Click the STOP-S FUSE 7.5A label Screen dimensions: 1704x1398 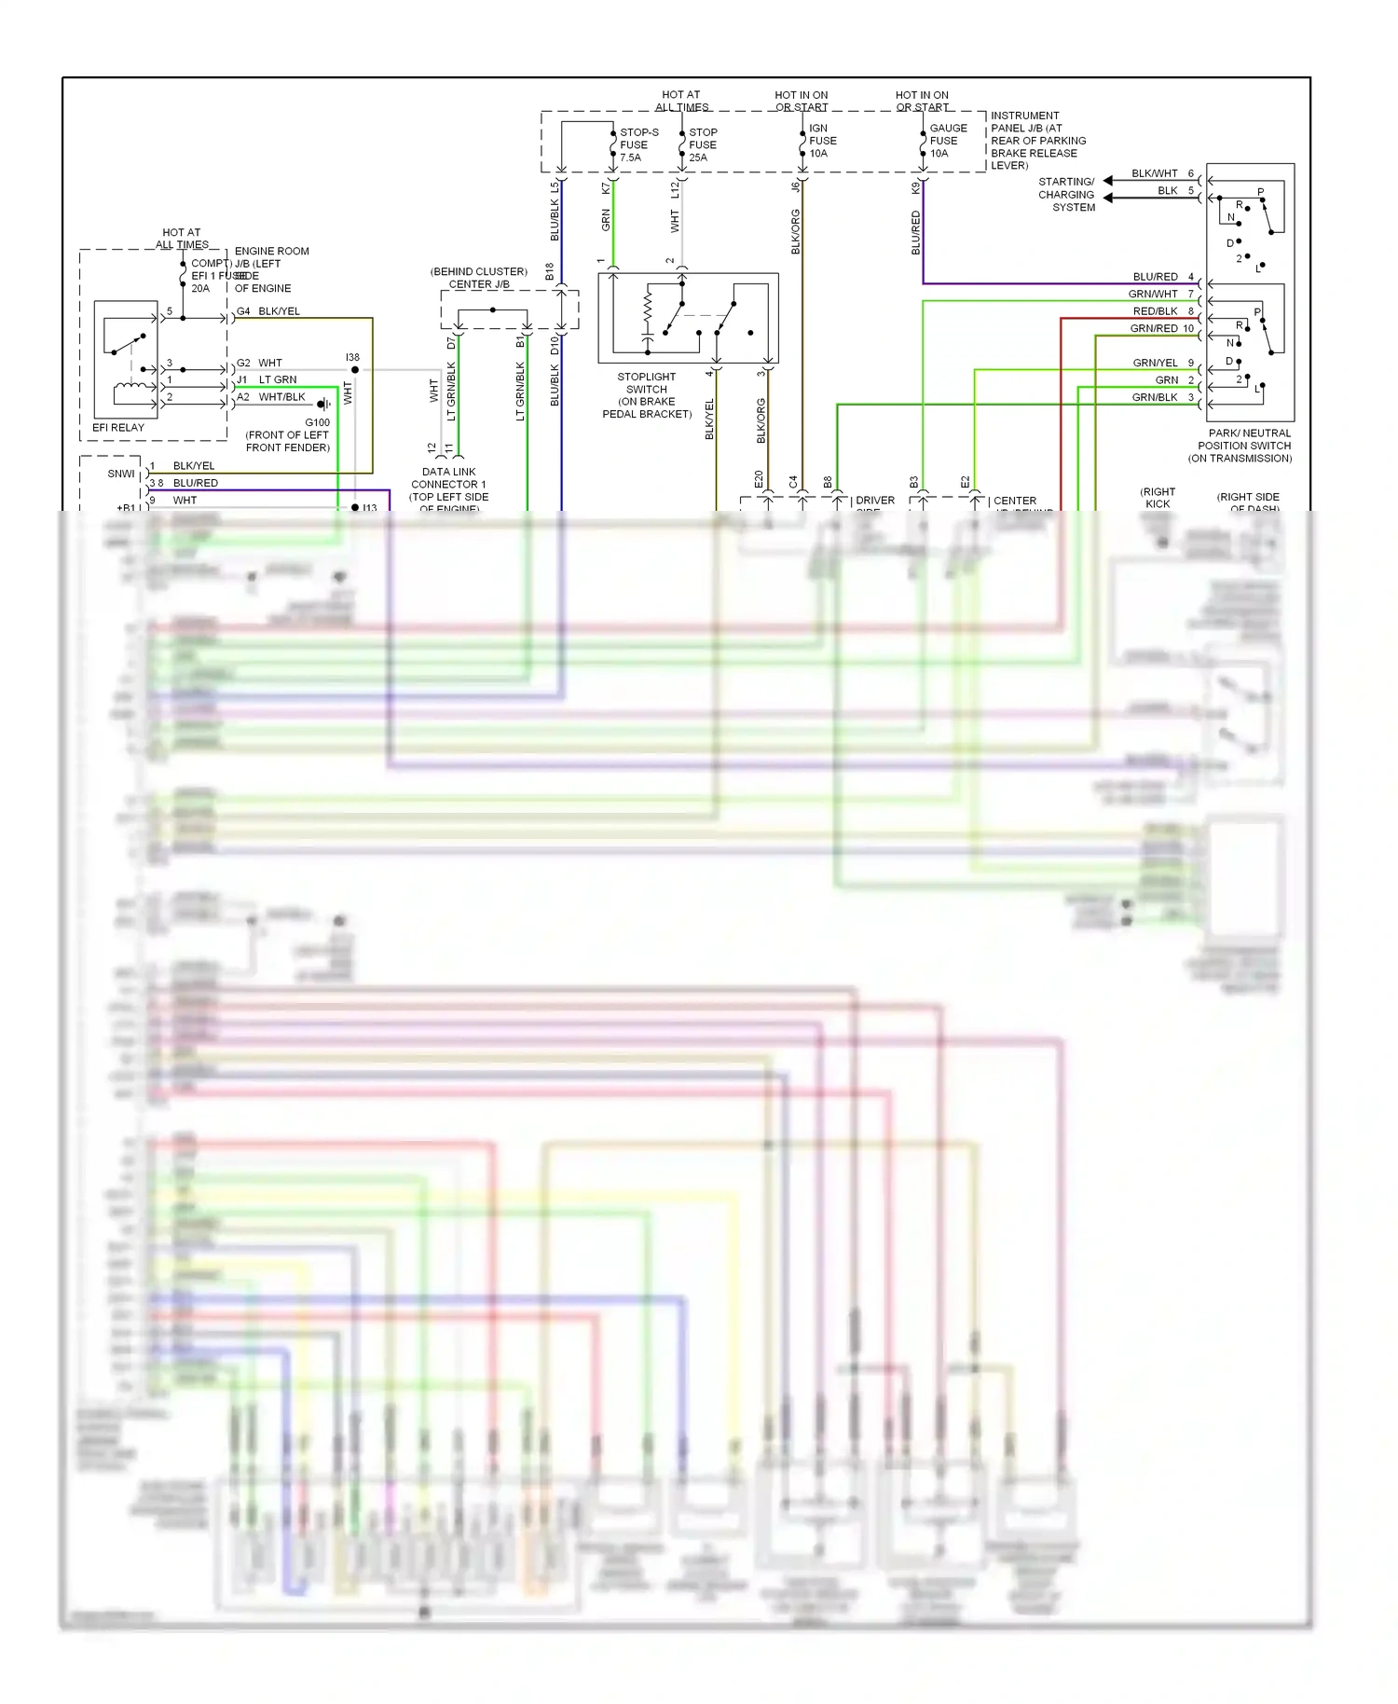(638, 144)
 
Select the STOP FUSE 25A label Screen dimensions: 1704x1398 (703, 144)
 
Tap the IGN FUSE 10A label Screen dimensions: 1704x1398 (822, 141)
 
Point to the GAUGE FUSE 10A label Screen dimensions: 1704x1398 (947, 141)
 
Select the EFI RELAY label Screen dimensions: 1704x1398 (118, 428)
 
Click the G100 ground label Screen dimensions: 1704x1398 (317, 422)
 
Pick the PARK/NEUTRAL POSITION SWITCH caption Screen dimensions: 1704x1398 (1243, 446)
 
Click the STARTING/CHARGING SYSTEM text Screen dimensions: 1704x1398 (1066, 195)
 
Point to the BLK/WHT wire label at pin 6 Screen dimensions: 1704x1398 (1155, 173)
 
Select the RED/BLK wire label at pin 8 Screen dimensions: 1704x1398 (1155, 311)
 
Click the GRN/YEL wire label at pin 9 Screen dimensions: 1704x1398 (1155, 363)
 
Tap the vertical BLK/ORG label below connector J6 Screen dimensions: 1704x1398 (795, 231)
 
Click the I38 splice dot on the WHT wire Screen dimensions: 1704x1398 (355, 370)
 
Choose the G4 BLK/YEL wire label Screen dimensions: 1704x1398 (268, 311)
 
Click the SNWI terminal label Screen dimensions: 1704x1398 (121, 474)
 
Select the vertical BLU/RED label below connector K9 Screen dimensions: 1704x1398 (915, 232)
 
